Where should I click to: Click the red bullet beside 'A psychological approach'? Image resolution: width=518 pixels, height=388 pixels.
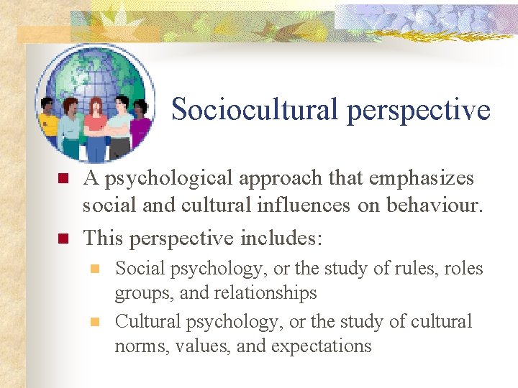63,178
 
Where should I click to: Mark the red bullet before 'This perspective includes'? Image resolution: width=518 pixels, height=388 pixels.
63,237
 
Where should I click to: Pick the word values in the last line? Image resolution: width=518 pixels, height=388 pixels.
196,346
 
